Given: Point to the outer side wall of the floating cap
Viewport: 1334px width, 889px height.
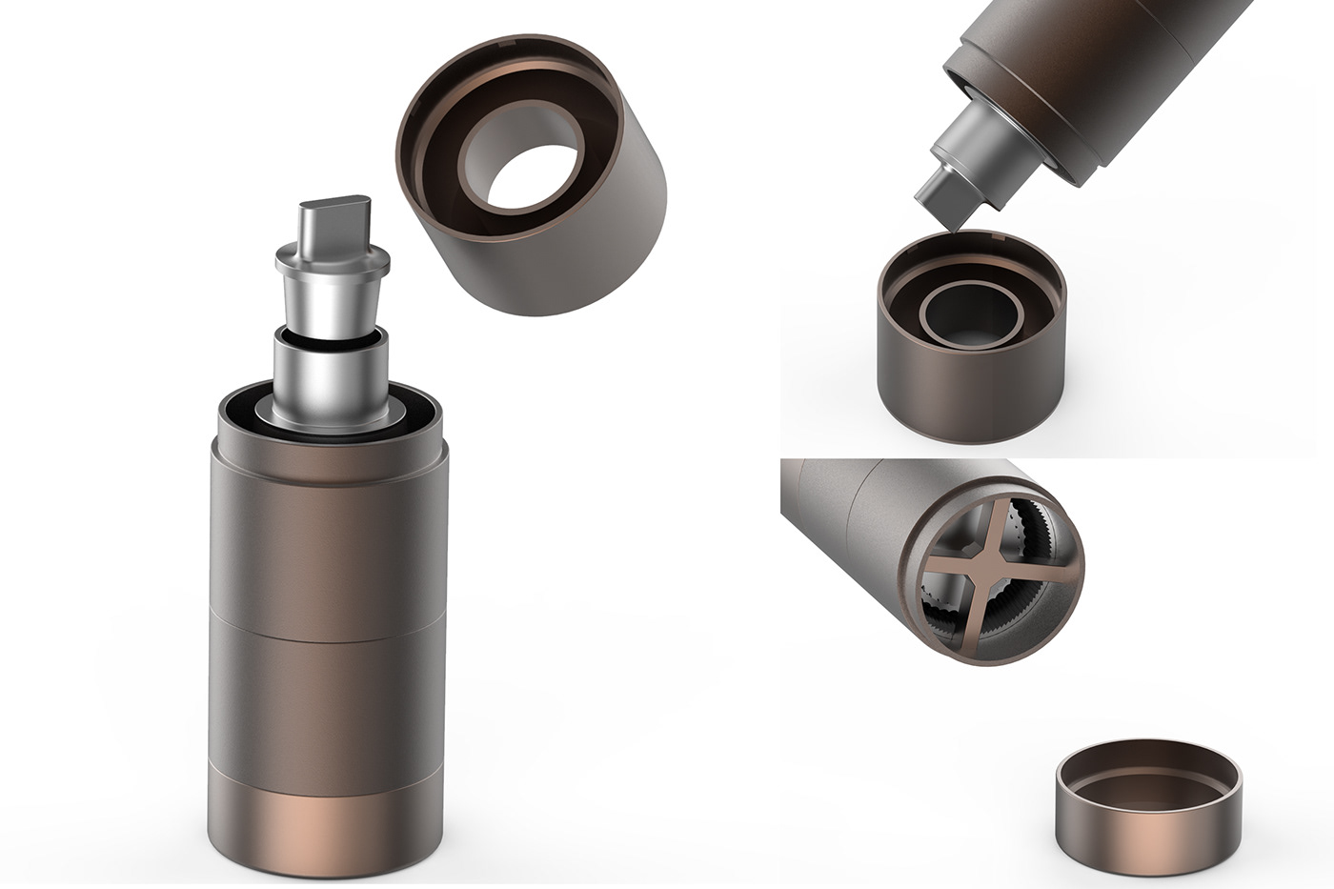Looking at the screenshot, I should [x=591, y=248].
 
